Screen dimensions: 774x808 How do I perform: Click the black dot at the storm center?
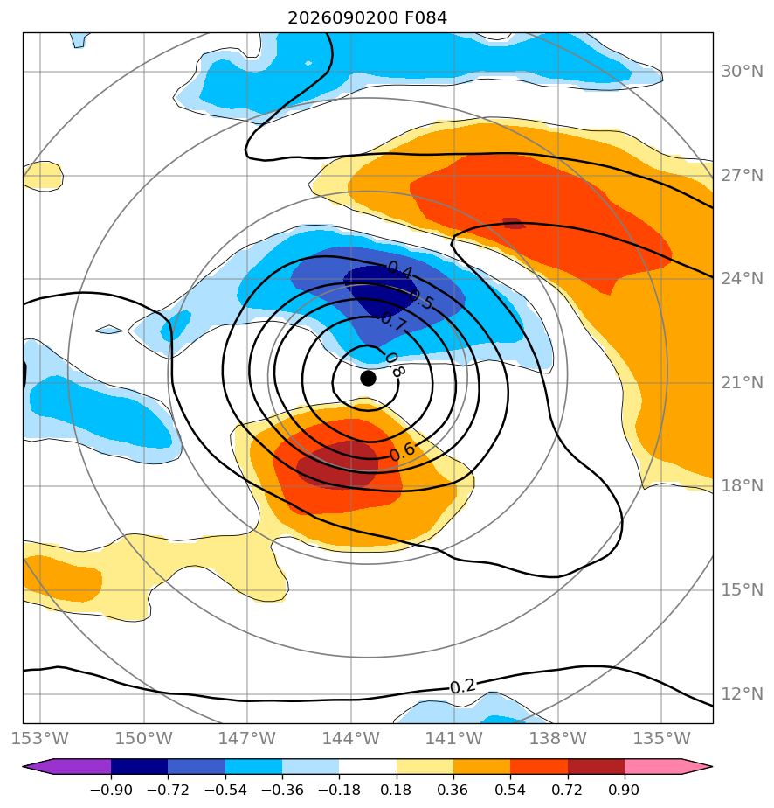pos(368,379)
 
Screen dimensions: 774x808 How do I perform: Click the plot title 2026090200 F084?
pos(368,18)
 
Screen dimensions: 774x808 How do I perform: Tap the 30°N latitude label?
pos(742,72)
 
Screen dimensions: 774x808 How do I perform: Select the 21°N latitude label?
pos(742,383)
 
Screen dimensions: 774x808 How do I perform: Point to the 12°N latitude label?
pos(742,694)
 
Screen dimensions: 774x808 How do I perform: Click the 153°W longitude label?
pos(40,738)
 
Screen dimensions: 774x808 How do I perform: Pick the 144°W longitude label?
pos(351,738)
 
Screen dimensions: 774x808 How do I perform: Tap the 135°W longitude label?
pos(662,738)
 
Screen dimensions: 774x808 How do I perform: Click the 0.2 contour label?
pos(463,686)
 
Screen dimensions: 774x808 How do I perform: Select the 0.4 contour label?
pos(400,269)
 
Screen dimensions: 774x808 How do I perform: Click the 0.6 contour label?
pos(403,452)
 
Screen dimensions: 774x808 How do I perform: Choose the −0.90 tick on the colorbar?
pos(111,790)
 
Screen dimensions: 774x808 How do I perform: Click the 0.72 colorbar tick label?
pos(568,790)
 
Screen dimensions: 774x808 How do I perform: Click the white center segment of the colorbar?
pos(368,766)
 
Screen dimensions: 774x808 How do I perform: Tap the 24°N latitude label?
pos(742,279)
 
